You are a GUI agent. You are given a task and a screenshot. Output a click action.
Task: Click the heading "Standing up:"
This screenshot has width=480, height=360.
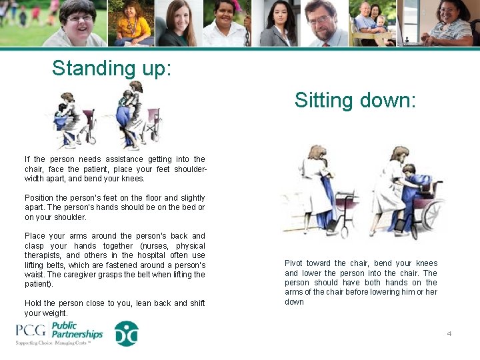coord(111,69)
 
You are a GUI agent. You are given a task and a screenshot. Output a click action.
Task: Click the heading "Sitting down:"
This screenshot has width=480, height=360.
coord(355,101)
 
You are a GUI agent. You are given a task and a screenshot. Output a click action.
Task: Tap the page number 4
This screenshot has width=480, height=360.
coord(449,333)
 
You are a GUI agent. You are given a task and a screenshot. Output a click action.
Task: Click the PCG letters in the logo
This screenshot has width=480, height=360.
coord(31,331)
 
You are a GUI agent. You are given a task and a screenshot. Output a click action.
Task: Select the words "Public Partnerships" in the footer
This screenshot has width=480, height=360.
coord(77,330)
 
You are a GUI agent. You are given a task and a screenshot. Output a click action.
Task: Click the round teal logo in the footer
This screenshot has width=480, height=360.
coord(126,333)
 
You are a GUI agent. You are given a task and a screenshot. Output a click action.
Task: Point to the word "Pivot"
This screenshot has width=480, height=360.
coord(295,263)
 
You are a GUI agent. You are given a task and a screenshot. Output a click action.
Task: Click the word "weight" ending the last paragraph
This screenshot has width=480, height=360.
coord(55,313)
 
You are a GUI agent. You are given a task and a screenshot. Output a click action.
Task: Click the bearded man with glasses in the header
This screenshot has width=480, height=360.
coord(321,23)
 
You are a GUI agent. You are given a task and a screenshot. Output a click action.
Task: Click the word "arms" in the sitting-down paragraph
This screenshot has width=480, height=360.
coord(295,292)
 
